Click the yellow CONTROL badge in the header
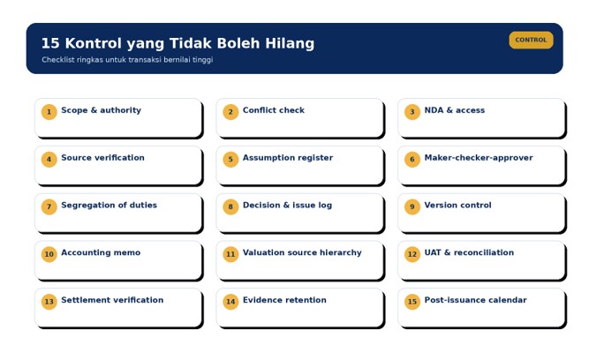click(531, 40)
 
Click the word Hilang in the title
click(290, 43)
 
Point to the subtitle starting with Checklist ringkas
click(127, 60)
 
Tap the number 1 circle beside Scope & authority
click(49, 112)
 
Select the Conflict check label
click(274, 110)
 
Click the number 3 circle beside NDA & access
click(412, 112)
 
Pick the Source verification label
click(102, 158)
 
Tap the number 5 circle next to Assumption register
click(230, 159)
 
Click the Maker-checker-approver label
click(479, 158)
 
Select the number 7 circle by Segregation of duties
click(49, 206)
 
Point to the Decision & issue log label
click(287, 205)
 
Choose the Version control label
click(458, 205)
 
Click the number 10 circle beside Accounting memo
click(49, 254)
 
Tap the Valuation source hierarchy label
click(302, 252)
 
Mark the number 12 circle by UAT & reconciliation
click(412, 254)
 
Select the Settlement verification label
click(112, 300)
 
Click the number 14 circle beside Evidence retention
click(230, 302)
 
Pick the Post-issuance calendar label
click(476, 300)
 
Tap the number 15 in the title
click(50, 43)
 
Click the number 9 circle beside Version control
click(412, 206)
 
